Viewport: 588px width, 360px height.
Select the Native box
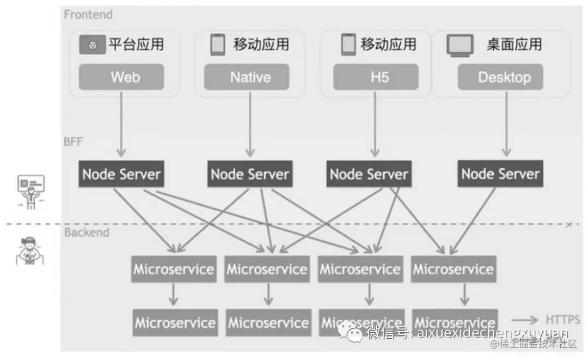click(250, 77)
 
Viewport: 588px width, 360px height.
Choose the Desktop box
click(504, 77)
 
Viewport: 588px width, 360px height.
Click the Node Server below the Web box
click(121, 174)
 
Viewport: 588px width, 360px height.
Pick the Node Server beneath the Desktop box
click(500, 174)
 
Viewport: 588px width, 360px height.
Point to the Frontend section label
click(88, 15)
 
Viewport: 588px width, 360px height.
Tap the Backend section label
click(87, 233)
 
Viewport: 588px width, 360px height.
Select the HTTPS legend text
click(562, 320)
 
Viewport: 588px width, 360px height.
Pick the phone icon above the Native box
click(218, 45)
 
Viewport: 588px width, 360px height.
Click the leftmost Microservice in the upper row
click(174, 269)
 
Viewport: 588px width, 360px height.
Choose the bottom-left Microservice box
click(175, 322)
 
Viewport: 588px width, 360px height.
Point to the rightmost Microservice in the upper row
click(453, 269)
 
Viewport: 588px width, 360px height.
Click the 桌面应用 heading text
click(514, 45)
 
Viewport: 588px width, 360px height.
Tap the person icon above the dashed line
click(31, 191)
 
